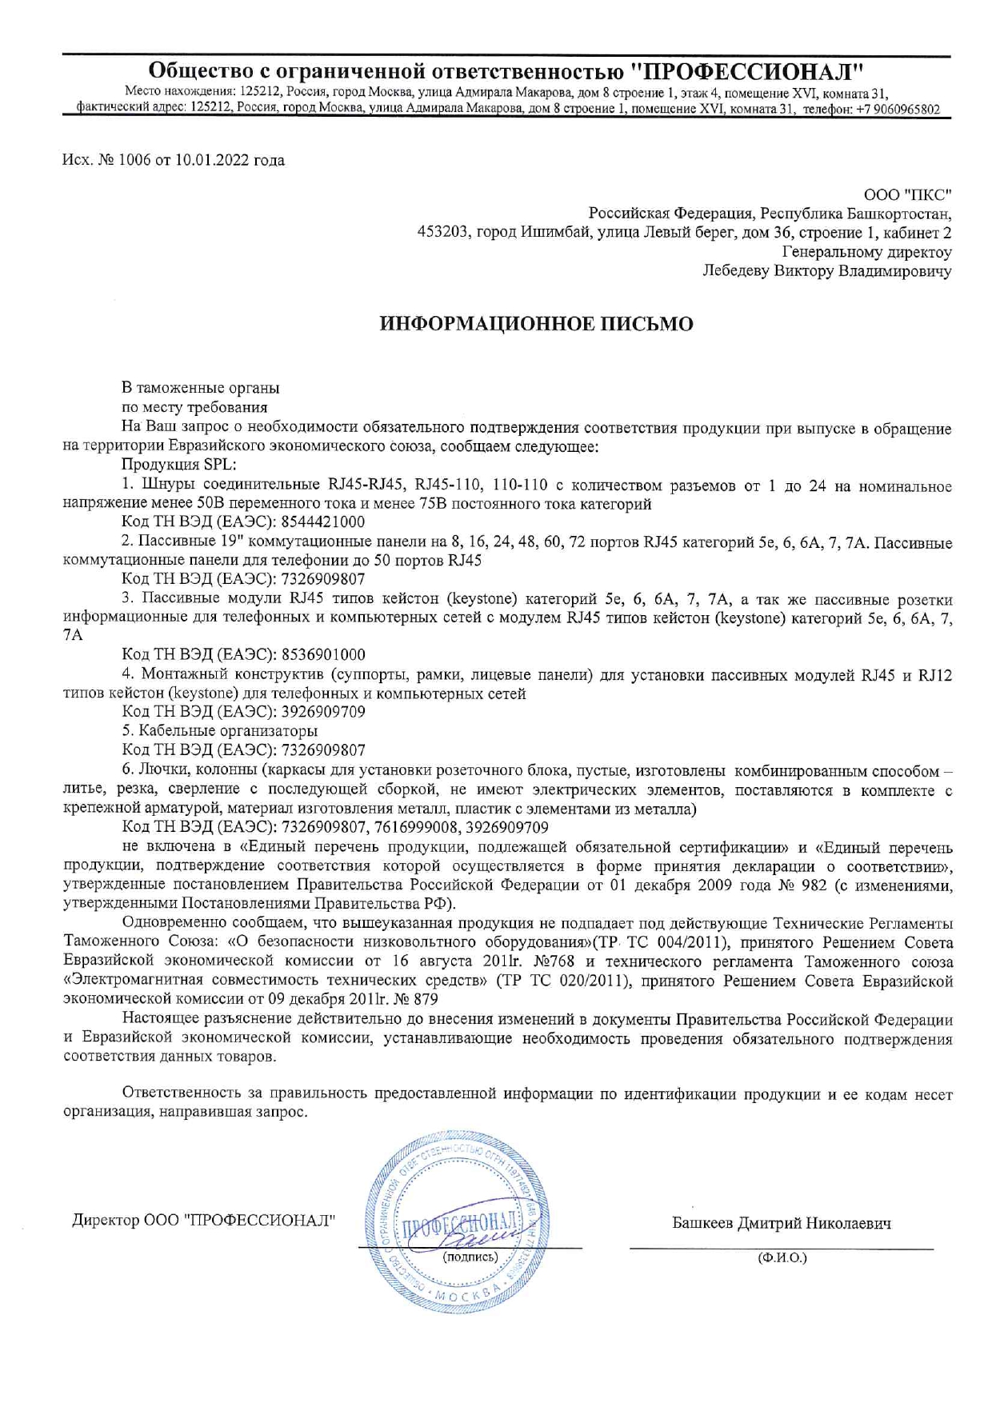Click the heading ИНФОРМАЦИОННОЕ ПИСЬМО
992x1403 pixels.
[536, 324]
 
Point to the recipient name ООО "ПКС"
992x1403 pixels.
[908, 194]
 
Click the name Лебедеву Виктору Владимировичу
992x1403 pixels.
[826, 271]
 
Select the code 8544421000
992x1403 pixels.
[323, 522]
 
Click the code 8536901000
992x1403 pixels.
[323, 654]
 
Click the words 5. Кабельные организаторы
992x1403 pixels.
[220, 730]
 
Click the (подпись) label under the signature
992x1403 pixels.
[470, 1256]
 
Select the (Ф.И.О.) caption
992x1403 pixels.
[782, 1257]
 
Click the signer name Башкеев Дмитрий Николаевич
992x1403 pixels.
[782, 1223]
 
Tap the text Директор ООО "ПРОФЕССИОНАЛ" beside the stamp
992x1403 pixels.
[204, 1221]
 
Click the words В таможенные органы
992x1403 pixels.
[201, 388]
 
